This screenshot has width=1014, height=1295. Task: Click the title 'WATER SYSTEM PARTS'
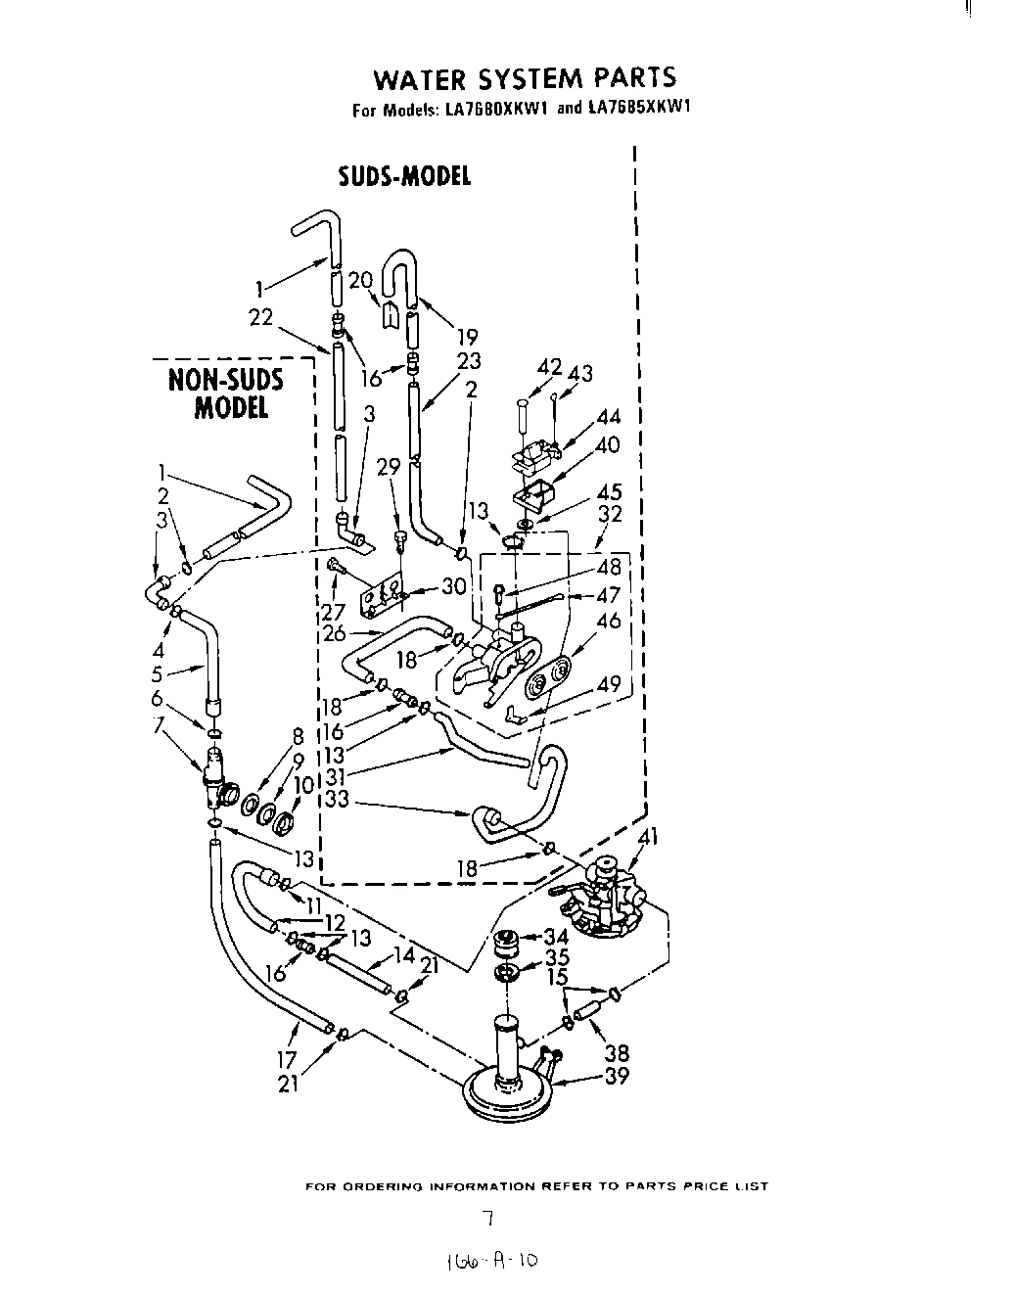click(x=526, y=78)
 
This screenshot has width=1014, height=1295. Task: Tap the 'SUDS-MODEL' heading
click(x=404, y=176)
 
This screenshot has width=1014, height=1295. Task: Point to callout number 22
click(x=259, y=317)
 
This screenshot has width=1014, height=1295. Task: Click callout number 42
click(x=550, y=367)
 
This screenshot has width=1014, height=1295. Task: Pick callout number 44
click(x=608, y=418)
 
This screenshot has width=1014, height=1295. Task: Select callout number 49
click(x=609, y=683)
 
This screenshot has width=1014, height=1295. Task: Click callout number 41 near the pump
click(x=647, y=836)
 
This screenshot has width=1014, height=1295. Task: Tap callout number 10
click(x=303, y=784)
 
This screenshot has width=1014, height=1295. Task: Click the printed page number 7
click(x=485, y=1219)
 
